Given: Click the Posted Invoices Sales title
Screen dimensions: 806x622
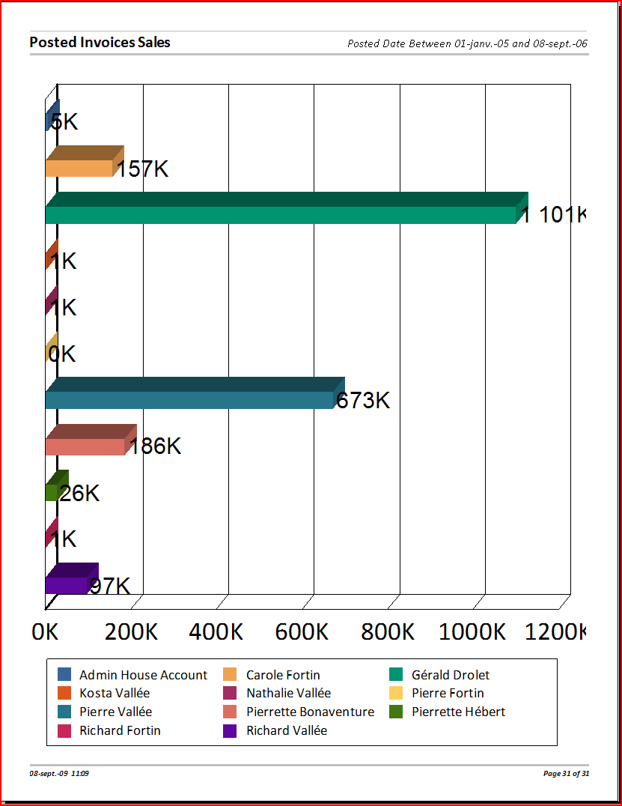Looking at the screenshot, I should point(100,43).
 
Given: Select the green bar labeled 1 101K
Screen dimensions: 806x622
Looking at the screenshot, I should point(281,213).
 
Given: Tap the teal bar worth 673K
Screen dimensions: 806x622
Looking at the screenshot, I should point(189,399).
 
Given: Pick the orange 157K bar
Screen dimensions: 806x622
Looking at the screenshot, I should point(79,167).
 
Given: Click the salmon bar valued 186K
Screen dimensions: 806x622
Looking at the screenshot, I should point(85,446).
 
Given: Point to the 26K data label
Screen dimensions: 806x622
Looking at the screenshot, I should point(80,493).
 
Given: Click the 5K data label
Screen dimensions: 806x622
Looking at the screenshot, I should point(65,122).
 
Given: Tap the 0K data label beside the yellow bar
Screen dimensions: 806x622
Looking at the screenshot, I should point(62,354).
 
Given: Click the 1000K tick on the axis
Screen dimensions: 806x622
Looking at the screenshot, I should point(472,632).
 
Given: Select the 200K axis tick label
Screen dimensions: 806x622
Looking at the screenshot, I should point(131,632).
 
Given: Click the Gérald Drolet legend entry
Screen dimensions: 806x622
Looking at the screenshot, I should point(451,675).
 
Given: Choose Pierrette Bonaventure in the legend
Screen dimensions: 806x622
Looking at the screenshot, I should point(310,712).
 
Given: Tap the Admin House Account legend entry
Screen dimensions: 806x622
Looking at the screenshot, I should point(143,675).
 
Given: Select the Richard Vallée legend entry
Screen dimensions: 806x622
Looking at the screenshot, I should point(287,730).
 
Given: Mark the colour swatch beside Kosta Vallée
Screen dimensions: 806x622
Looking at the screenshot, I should point(64,694).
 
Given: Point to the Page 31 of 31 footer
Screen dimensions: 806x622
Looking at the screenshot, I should point(566,773).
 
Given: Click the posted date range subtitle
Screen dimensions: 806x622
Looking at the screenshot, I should point(467,43).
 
